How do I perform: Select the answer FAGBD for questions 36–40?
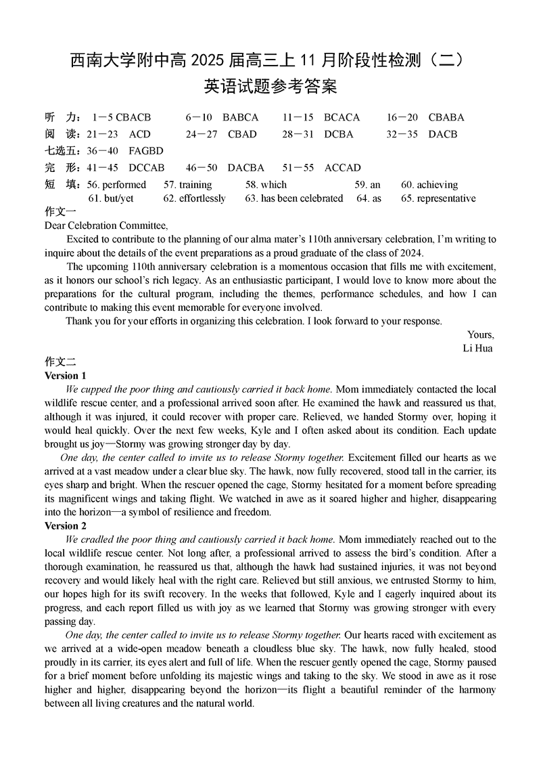pos(146,151)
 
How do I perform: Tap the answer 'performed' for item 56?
pos(124,185)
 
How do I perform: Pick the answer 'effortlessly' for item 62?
pos(202,198)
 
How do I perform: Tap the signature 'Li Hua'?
pos(477,348)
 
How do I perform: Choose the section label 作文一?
pos(60,211)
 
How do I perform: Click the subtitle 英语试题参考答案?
pos(270,87)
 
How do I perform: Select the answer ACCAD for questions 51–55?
pos(343,168)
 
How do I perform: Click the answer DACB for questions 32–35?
pos(443,134)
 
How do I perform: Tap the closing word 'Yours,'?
pos(481,334)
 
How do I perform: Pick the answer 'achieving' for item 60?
pos(438,185)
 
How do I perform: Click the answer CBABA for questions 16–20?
pos(446,117)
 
